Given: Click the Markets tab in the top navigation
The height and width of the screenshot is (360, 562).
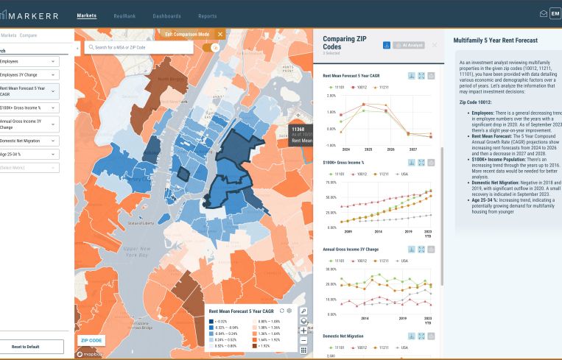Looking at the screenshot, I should tap(87, 15).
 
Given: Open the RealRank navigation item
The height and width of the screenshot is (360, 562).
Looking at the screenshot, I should tap(124, 15).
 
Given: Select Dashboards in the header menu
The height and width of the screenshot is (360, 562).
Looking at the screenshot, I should tap(166, 15).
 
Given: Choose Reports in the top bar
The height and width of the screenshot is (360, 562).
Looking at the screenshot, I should tap(207, 15).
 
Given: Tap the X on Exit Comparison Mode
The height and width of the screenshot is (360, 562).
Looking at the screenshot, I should tap(219, 34).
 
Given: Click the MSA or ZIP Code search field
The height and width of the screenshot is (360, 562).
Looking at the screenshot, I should tap(140, 47).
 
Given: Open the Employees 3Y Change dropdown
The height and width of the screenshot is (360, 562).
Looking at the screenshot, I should tap(29, 74).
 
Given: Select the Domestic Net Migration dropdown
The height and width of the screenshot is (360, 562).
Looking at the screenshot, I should tap(29, 141).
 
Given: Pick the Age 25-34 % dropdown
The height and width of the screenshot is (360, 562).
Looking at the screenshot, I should tap(29, 154).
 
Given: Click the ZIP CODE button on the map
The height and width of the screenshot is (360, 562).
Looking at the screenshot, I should tap(92, 340).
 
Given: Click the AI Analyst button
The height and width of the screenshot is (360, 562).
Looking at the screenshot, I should tap(409, 46).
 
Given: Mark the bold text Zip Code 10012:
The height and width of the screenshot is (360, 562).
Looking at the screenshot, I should tap(478, 102).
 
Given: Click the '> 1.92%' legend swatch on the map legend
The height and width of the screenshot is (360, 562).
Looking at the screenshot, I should tap(213, 346).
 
